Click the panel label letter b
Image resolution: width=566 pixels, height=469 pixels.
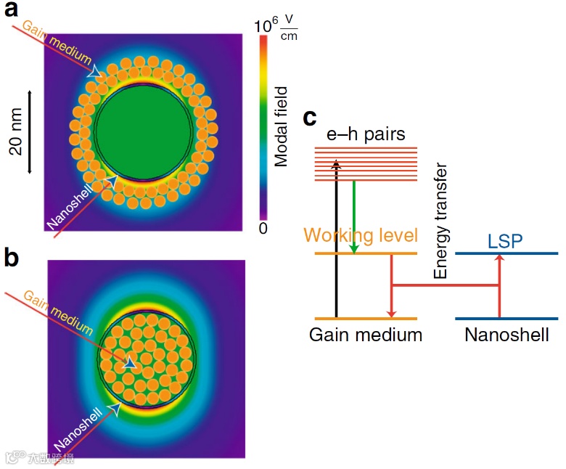click(12, 256)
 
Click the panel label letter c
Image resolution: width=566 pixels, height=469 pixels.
click(310, 117)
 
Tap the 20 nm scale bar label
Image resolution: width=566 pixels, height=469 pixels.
click(16, 132)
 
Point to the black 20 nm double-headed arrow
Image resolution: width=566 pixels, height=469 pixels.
click(30, 131)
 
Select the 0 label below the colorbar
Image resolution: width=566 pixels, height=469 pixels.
click(263, 228)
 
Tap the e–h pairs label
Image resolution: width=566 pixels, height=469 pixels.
click(366, 134)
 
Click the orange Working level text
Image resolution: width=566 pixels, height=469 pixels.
click(361, 235)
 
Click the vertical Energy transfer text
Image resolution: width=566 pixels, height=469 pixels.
click(440, 221)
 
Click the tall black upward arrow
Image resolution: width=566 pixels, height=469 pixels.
click(336, 240)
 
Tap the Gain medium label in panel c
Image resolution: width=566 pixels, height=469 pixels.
click(365, 335)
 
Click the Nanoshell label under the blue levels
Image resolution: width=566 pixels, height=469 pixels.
click(506, 335)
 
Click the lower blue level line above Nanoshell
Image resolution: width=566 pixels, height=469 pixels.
click(506, 319)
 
